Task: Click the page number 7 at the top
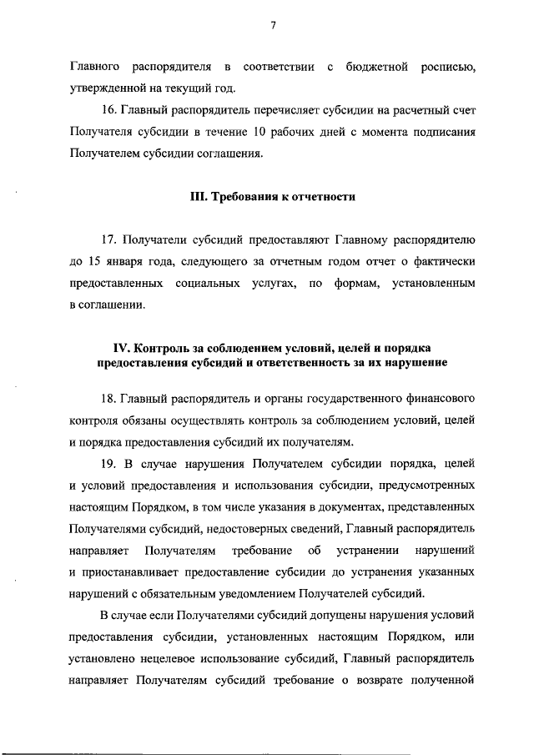(272, 24)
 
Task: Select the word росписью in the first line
(447, 66)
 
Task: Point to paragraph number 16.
(107, 110)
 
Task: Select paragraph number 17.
(108, 241)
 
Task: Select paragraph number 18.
(108, 399)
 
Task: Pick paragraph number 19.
(108, 464)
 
